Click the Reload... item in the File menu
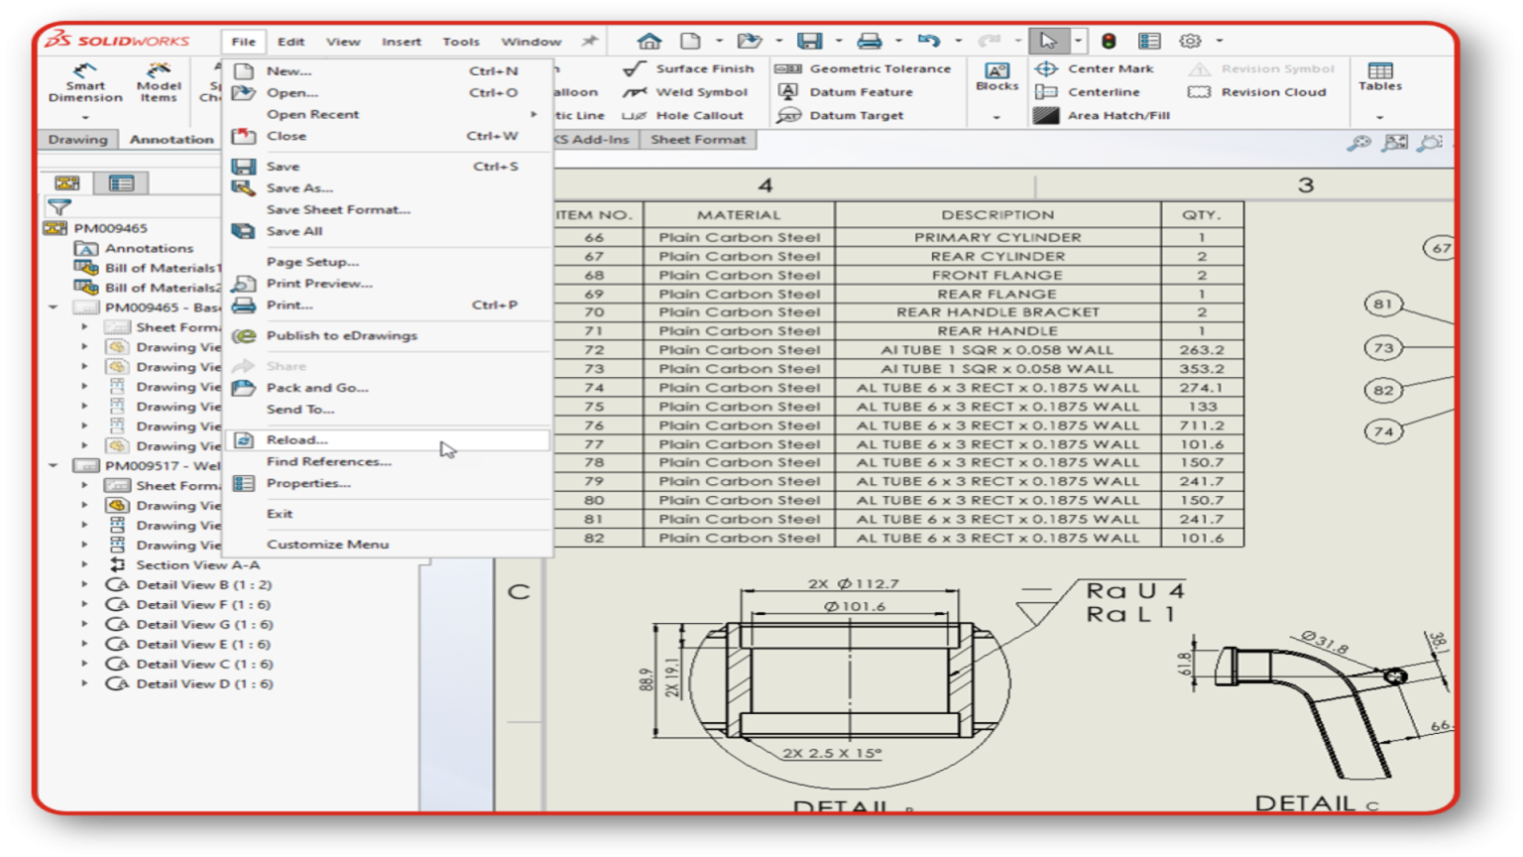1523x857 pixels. pos(296,439)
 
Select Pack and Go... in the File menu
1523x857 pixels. pos(316,388)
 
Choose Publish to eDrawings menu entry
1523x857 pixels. pos(341,335)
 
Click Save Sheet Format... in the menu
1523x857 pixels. pos(337,209)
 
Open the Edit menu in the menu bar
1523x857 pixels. pos(291,42)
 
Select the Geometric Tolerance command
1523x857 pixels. pos(879,68)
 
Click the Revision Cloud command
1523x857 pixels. pos(1272,92)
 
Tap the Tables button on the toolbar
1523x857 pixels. pos(1379,76)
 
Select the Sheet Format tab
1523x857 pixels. pos(698,140)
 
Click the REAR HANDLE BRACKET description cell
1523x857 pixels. pos(997,312)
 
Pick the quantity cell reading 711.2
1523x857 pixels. pos(1201,426)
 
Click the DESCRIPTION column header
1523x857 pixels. pos(997,214)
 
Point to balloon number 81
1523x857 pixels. pos(1383,305)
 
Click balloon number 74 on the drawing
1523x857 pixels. pos(1383,431)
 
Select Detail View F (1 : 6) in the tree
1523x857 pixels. pos(202,605)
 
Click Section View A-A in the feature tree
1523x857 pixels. pos(197,565)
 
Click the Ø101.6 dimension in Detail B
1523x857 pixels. pos(854,606)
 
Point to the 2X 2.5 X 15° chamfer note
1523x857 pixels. pos(831,753)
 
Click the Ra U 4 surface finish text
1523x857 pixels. pos(1134,591)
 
